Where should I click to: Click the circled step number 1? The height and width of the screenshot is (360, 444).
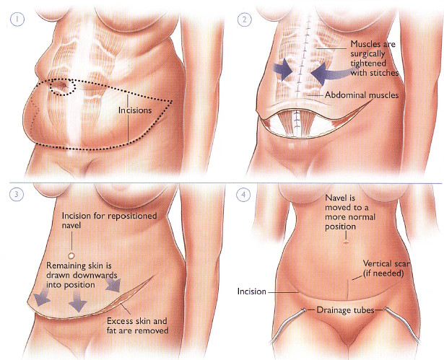tap(17, 19)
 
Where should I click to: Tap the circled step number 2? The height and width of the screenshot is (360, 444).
tap(244, 19)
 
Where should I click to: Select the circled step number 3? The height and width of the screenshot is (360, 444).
tap(17, 194)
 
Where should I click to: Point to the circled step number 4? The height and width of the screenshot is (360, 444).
tap(243, 195)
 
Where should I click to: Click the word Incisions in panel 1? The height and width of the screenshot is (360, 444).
tap(135, 110)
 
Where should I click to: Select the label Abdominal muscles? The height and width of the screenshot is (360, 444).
tap(362, 95)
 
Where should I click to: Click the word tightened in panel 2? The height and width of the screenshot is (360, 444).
tap(368, 63)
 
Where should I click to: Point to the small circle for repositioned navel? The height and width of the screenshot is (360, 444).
tap(71, 256)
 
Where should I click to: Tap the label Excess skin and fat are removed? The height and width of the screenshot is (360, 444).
tap(138, 325)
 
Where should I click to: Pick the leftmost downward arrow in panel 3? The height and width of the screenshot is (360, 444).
tap(41, 299)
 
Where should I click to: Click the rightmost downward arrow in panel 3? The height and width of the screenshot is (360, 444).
tap(114, 284)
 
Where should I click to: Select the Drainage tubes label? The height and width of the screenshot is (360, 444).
tap(345, 310)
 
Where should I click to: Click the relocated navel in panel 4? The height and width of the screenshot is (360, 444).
tap(346, 242)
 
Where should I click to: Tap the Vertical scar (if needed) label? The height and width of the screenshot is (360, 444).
tap(386, 268)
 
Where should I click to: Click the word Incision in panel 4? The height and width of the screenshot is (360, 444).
tap(252, 291)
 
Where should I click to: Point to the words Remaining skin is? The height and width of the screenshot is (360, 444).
tap(79, 265)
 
